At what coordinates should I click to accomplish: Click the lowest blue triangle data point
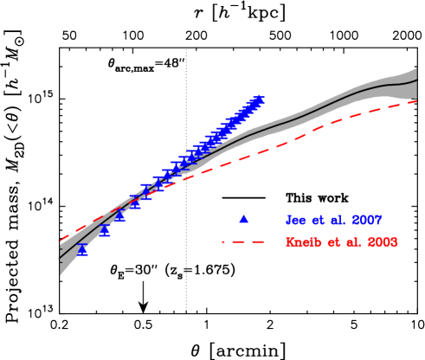[x=82, y=249]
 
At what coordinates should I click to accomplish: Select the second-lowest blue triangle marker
[x=105, y=230]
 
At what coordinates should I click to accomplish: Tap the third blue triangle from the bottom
[x=120, y=217]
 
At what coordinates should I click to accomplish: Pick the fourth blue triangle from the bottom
[x=135, y=202]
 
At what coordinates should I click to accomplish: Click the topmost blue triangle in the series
[x=260, y=100]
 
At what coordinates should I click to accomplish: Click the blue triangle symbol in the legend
[x=243, y=219]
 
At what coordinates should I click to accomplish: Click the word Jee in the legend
[x=297, y=221]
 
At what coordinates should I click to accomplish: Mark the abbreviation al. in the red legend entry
[x=351, y=242]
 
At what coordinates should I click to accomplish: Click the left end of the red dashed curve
[x=60, y=240]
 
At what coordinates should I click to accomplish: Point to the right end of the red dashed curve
[x=417, y=101]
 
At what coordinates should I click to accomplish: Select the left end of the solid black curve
[x=60, y=257]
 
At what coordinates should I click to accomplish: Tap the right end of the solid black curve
[x=417, y=80]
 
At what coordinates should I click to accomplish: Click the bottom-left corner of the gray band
[x=60, y=276]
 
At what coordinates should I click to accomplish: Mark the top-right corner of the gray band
[x=417, y=67]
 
